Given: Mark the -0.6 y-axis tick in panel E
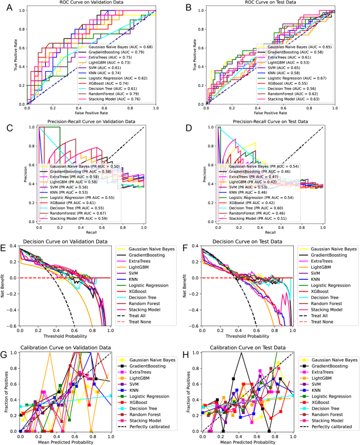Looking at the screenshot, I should click(x=11, y=326).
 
